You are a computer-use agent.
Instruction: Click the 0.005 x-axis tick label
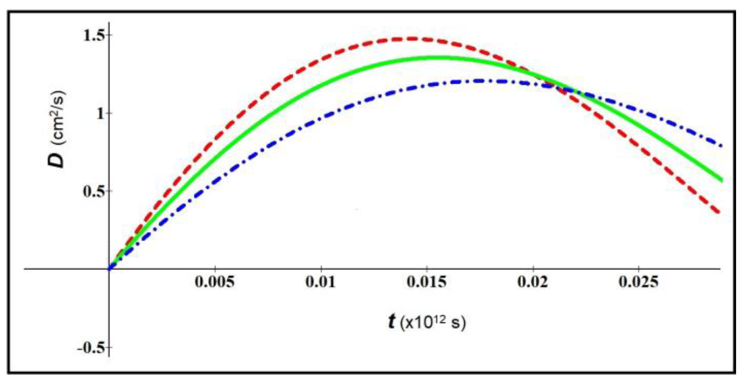point(215,282)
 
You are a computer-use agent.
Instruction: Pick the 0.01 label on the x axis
point(321,282)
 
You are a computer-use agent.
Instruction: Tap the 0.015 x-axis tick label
point(427,282)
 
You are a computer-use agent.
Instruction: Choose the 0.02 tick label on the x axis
point(533,282)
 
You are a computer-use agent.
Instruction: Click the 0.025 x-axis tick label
point(638,282)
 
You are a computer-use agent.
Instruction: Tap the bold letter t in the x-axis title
point(391,322)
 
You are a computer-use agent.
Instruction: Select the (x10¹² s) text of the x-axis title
point(433,323)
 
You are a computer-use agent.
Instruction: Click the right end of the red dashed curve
point(719,213)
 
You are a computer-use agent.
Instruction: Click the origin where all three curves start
point(109,269)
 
